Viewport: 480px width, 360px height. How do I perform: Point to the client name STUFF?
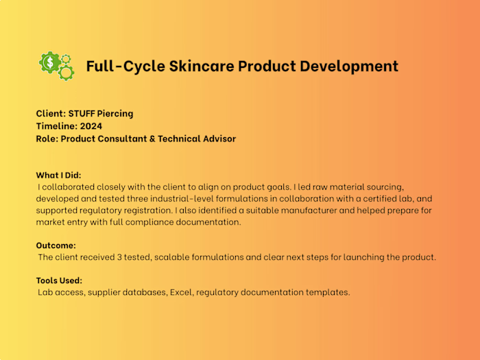click(x=83, y=113)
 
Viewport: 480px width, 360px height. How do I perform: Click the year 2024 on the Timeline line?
click(x=91, y=126)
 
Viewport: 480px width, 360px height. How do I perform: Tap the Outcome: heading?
click(x=56, y=245)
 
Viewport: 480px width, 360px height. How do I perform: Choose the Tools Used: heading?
click(x=59, y=280)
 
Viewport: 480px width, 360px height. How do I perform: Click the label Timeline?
click(x=56, y=126)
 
